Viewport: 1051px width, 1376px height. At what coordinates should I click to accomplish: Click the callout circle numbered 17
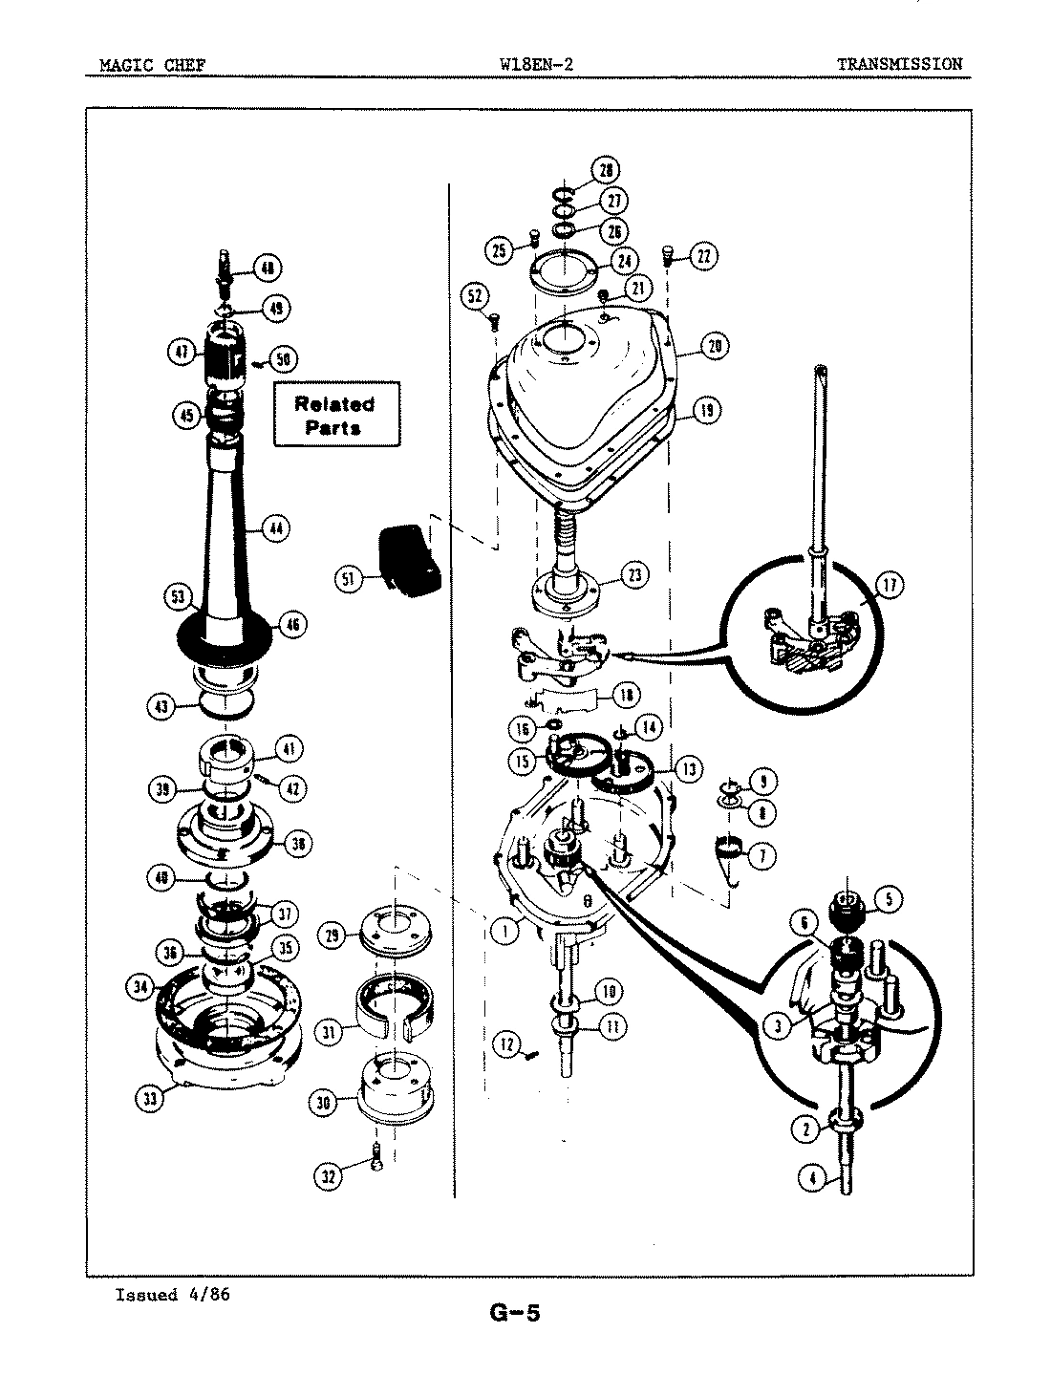[889, 585]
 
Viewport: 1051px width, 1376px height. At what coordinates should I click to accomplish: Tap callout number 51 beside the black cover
[349, 577]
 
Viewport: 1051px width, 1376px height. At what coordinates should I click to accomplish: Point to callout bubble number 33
[149, 1098]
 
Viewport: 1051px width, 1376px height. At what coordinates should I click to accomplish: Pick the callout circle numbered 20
[714, 346]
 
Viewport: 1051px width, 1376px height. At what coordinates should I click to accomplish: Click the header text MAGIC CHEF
[152, 65]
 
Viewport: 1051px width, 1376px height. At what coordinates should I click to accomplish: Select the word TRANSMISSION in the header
[899, 65]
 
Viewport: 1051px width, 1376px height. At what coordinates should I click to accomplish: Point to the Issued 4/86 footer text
[172, 1295]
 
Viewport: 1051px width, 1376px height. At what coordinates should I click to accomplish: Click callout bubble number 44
[275, 527]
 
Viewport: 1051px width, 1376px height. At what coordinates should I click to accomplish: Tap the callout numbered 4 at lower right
[811, 1178]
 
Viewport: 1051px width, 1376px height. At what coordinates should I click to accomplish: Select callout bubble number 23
[634, 574]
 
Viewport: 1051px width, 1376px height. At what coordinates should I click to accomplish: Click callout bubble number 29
[332, 937]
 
